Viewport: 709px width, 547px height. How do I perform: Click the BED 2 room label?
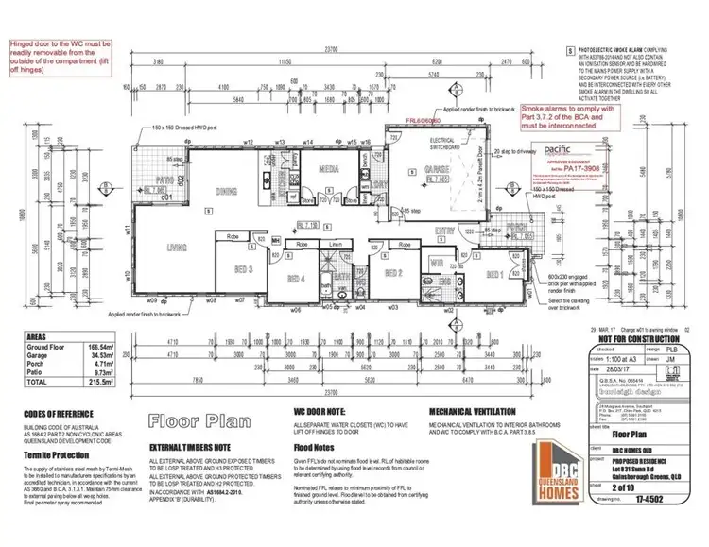[x=394, y=272]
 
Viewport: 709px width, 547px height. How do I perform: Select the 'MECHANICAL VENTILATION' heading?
[x=472, y=413]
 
